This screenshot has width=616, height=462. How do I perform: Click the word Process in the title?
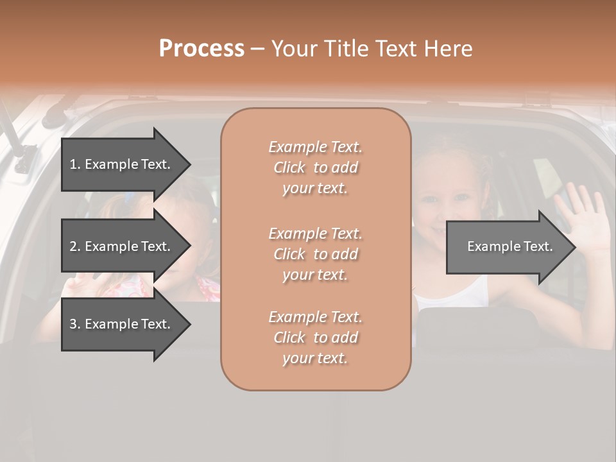tap(201, 49)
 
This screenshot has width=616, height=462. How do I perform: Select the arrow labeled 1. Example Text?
tap(122, 164)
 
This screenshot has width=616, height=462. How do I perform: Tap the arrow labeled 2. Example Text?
tap(122, 246)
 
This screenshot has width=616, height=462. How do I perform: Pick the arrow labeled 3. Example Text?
tap(122, 324)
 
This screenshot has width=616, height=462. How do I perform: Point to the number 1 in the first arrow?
tap(73, 164)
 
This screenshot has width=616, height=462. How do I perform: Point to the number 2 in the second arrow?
tap(73, 246)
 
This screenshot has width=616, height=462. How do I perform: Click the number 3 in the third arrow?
tap(73, 324)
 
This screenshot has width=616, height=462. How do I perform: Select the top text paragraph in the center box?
tap(315, 167)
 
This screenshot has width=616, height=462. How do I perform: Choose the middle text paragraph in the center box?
tap(315, 254)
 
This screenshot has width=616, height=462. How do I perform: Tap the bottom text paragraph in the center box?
tap(315, 338)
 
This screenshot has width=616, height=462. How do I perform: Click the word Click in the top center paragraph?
tap(289, 167)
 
